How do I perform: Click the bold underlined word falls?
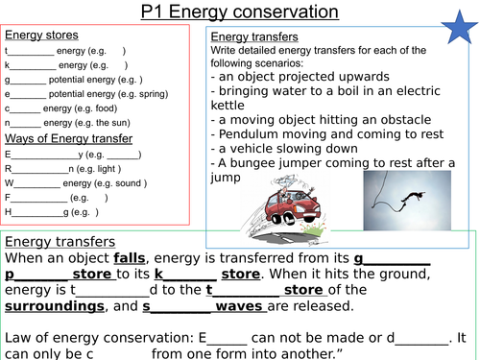pos(132,258)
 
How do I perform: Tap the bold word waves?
pos(238,307)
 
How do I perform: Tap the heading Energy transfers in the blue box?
pos(252,36)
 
